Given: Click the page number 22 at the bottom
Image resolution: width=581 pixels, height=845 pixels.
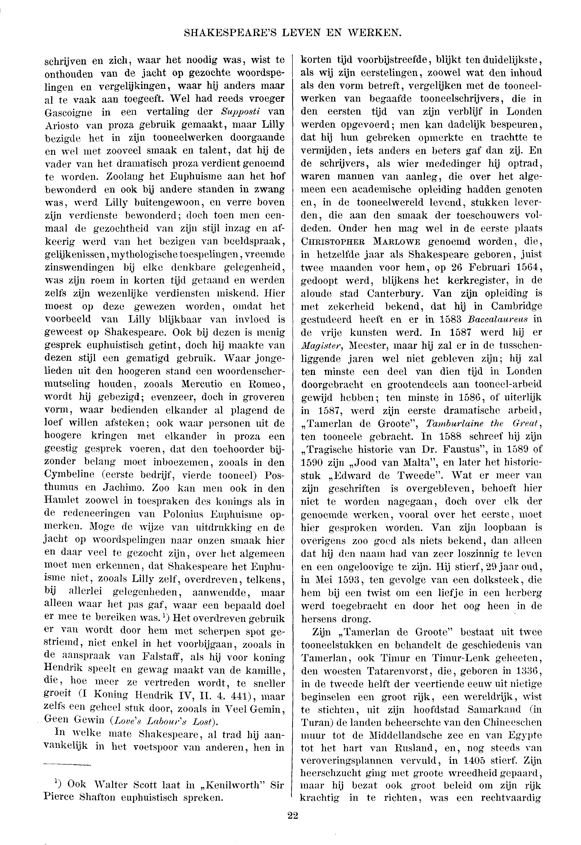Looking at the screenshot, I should [292, 815].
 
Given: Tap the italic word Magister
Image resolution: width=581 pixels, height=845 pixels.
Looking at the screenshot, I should [322, 345].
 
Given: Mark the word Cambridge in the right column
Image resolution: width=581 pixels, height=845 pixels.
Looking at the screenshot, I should [517, 307].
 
